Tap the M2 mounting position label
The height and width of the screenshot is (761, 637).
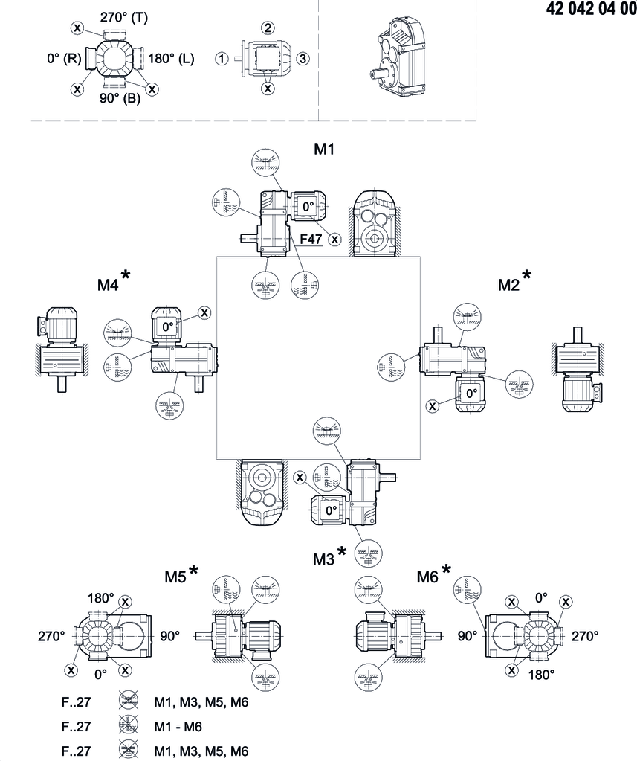click(x=508, y=284)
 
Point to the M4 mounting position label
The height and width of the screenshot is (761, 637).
click(x=108, y=284)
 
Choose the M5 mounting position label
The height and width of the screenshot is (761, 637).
click(x=175, y=577)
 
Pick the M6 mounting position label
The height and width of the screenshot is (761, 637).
click(x=427, y=577)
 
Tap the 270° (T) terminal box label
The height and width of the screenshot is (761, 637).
click(x=124, y=18)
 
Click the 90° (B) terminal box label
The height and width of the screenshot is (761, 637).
click(x=121, y=99)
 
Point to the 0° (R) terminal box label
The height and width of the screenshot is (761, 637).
click(x=62, y=58)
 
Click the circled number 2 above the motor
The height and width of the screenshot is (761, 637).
click(x=267, y=28)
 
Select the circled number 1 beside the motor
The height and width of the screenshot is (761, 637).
click(x=221, y=58)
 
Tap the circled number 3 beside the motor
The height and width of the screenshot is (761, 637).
click(x=302, y=58)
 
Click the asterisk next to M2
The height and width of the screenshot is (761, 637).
click(x=527, y=276)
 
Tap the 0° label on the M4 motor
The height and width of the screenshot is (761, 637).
click(x=167, y=326)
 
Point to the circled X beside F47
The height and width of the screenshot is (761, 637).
click(x=335, y=239)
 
